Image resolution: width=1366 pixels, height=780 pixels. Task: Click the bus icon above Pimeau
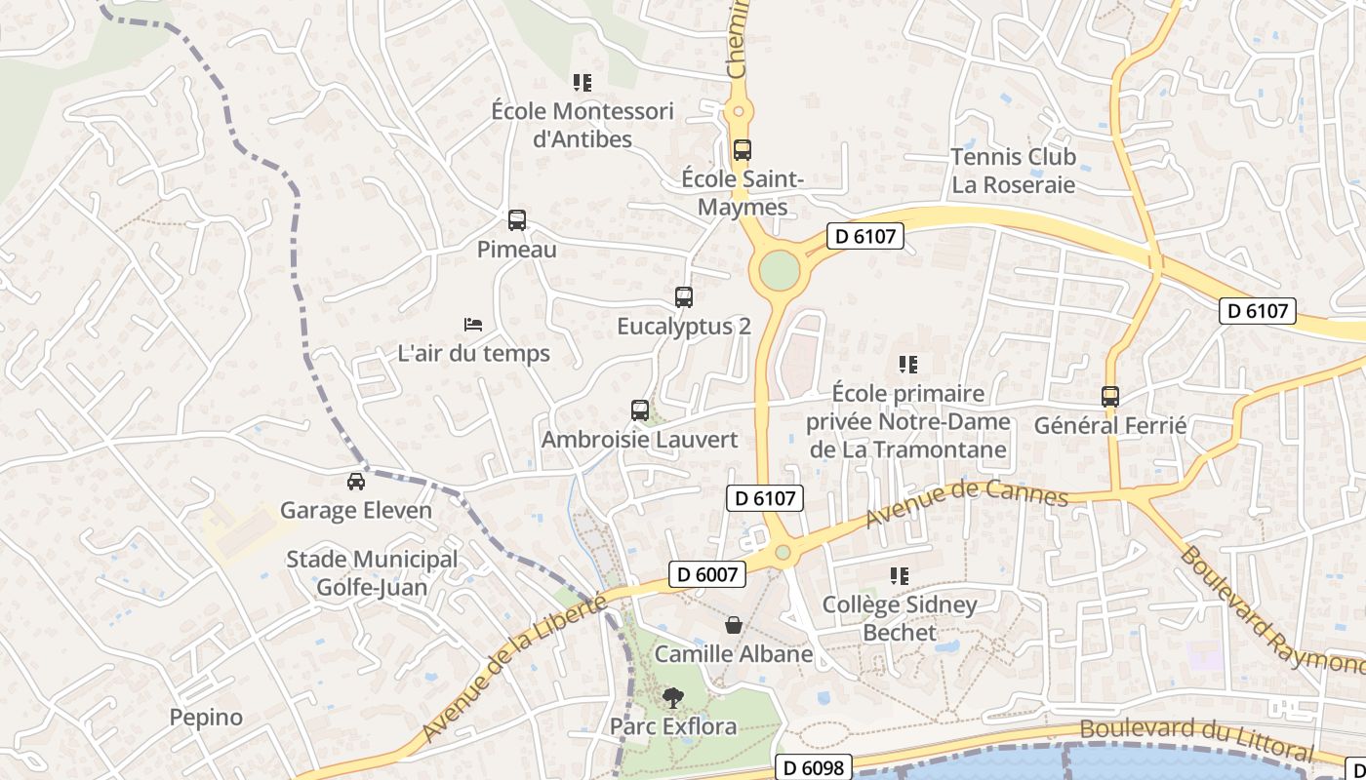coord(517,220)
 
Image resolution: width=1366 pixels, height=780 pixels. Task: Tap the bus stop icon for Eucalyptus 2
coord(684,297)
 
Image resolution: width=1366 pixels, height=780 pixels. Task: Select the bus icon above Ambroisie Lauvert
coord(640,410)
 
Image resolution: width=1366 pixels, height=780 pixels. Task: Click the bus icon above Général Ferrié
coord(1110,397)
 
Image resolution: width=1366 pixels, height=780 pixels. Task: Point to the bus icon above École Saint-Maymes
coord(743,150)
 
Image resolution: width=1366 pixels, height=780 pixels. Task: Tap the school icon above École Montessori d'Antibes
coord(583,83)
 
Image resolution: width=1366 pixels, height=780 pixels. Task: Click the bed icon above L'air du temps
coord(473,324)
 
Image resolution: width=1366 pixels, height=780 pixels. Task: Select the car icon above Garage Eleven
coord(356,481)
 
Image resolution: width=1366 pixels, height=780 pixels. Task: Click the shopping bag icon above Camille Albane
coord(734,625)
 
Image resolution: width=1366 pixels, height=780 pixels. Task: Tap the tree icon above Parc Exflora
coord(672,697)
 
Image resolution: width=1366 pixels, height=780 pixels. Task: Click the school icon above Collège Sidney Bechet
coord(900,576)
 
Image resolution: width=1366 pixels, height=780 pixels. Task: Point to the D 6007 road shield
coord(707,574)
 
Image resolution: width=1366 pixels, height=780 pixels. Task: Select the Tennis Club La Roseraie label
coord(1013,171)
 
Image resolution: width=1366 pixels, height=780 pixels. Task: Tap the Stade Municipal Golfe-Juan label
coord(372,573)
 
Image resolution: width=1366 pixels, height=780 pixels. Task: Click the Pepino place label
coord(206,718)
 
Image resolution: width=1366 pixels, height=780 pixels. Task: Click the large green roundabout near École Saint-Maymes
coord(779,271)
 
